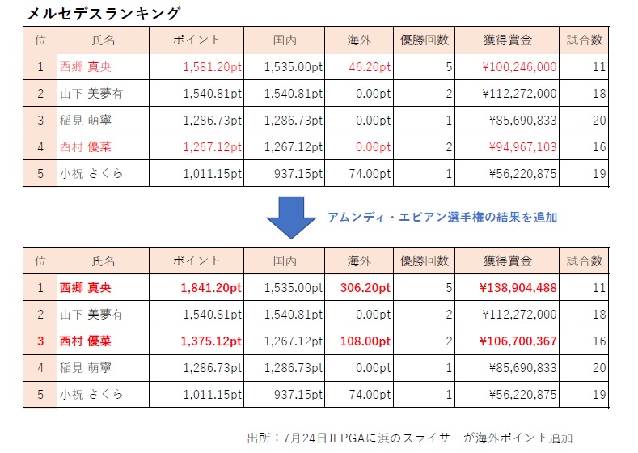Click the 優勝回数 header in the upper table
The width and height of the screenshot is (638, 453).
(426, 40)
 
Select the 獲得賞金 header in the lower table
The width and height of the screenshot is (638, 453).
(506, 260)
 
